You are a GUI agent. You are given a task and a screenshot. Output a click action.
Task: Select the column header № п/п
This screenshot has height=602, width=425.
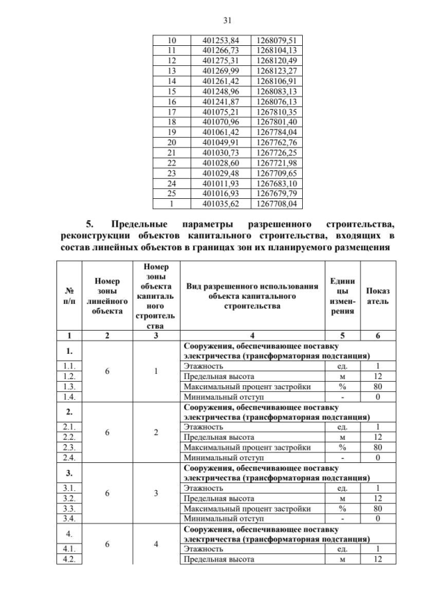(69, 296)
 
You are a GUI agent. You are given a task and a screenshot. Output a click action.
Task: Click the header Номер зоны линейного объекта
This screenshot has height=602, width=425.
(107, 296)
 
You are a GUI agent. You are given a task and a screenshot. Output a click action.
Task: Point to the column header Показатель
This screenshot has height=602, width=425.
(378, 296)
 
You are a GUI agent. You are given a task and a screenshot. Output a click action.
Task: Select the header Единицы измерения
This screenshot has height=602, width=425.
(341, 296)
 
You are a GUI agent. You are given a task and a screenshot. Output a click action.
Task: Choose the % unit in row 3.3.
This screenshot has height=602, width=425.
(341, 508)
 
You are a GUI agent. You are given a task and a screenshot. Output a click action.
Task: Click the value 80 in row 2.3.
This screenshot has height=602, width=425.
(378, 447)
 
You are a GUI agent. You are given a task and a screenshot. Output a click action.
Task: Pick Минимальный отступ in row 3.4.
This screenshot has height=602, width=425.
(222, 518)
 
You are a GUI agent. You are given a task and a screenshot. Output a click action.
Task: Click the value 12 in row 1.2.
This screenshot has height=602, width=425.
(378, 376)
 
